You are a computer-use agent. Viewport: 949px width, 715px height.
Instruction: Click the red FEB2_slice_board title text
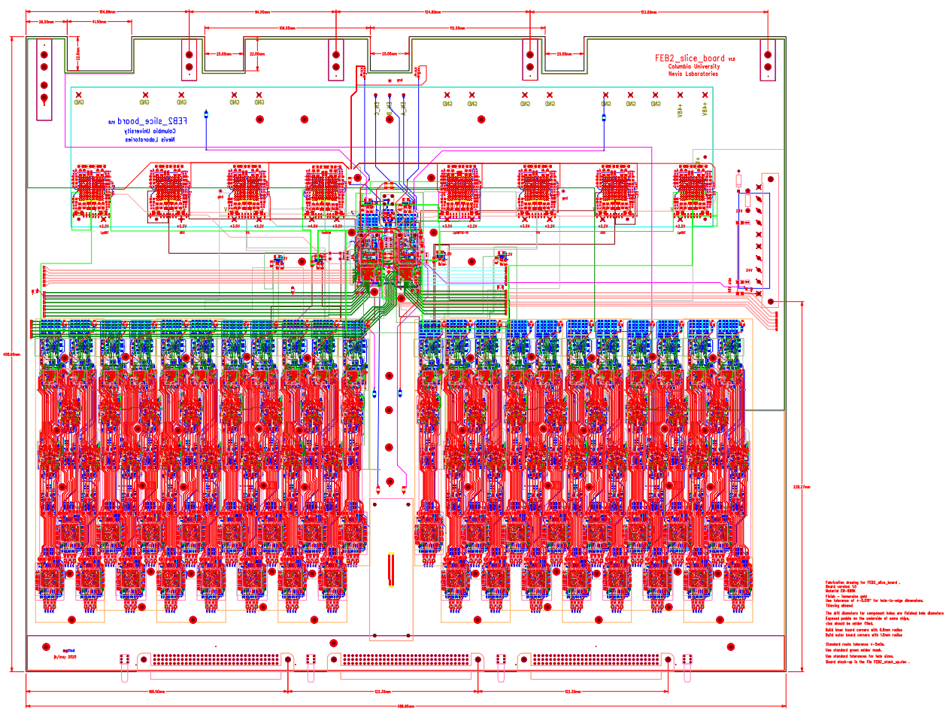tap(690, 58)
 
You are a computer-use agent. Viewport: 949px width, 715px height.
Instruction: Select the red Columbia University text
tap(693, 66)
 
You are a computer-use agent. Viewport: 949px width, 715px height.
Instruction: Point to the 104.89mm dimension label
tap(107, 13)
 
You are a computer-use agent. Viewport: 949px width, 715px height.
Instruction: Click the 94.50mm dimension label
tap(262, 13)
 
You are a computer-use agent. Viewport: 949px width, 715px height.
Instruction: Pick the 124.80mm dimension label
tap(432, 13)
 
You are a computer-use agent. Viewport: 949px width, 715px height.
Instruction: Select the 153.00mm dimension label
tap(648, 13)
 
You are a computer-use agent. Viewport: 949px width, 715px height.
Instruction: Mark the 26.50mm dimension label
tap(47, 22)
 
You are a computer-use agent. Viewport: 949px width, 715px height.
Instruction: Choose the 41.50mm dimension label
tap(99, 22)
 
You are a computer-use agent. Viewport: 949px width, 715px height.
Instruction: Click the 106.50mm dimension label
tap(287, 28)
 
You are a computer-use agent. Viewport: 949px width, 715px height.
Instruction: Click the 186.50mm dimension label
tap(156, 691)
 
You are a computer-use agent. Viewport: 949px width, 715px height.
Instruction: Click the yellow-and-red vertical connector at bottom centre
tap(390, 570)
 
